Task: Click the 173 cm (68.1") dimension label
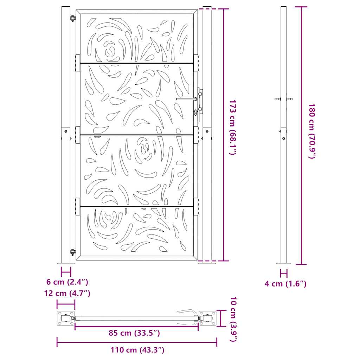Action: pyautogui.click(x=233, y=127)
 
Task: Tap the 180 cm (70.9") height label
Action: pyautogui.click(x=312, y=131)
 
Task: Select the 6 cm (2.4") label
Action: pyautogui.click(x=67, y=282)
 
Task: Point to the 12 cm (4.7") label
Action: pyautogui.click(x=67, y=293)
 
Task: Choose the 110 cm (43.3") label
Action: pyautogui.click(x=137, y=350)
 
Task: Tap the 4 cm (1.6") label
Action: pyautogui.click(x=285, y=284)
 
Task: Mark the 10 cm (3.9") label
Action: pyautogui.click(x=233, y=319)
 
